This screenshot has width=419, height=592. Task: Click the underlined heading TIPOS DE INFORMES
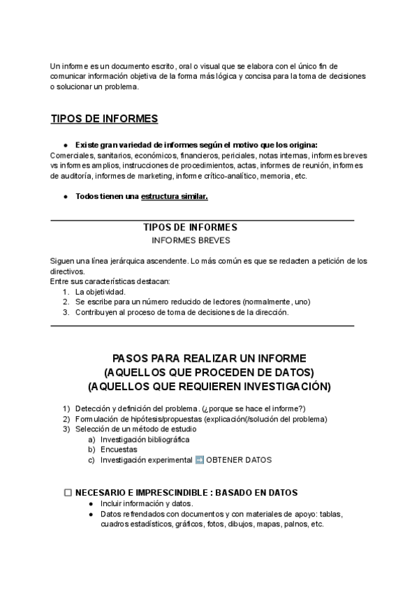point(105,118)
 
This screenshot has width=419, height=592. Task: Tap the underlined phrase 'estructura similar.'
point(175,196)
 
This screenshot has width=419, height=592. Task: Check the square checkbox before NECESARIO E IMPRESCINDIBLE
point(68,492)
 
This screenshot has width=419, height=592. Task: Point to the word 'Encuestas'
point(119,450)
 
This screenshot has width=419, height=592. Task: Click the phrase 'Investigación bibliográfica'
point(145,439)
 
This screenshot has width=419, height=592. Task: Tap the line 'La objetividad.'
point(101,291)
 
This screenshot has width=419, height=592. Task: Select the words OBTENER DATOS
point(238,460)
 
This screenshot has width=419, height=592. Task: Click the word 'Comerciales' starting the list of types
point(71,155)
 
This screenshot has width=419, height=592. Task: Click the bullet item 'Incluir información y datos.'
point(147,503)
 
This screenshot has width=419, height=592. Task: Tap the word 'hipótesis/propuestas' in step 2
point(163,419)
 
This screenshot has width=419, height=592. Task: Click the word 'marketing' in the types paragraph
point(156,176)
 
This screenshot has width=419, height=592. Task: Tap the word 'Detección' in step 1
point(93,408)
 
